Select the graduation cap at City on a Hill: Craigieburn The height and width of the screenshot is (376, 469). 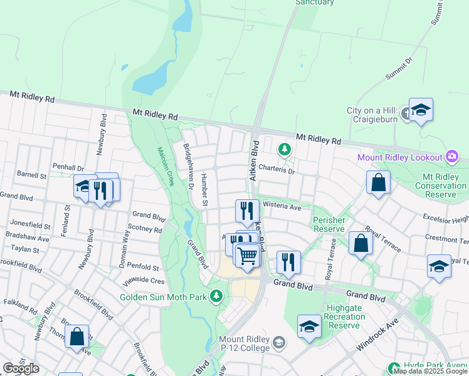421,109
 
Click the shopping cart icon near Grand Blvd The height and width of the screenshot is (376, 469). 248,255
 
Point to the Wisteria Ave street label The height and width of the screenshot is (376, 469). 282,205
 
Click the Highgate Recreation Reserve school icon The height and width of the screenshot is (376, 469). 308,326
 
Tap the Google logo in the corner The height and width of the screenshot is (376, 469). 21,368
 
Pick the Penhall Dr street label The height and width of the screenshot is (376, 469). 68,168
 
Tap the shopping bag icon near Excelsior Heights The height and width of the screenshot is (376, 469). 379,182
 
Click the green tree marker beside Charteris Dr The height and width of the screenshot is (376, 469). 285,149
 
